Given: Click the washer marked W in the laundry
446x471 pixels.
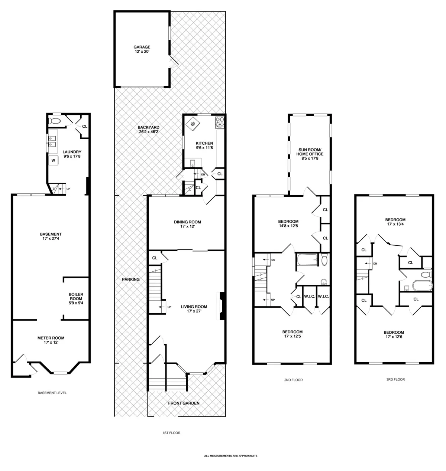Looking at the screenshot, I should pos(53,160).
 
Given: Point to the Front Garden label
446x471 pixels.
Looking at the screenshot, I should pos(184,403).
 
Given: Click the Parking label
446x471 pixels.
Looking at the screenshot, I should pos(130,279).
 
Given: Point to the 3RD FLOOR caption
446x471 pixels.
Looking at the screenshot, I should pos(394,380).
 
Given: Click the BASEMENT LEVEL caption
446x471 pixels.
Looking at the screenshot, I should pos(52,393).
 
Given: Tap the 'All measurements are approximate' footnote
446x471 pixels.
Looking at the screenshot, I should pos(230,455).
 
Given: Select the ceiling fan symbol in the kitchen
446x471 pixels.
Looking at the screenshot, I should pos(193,124).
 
